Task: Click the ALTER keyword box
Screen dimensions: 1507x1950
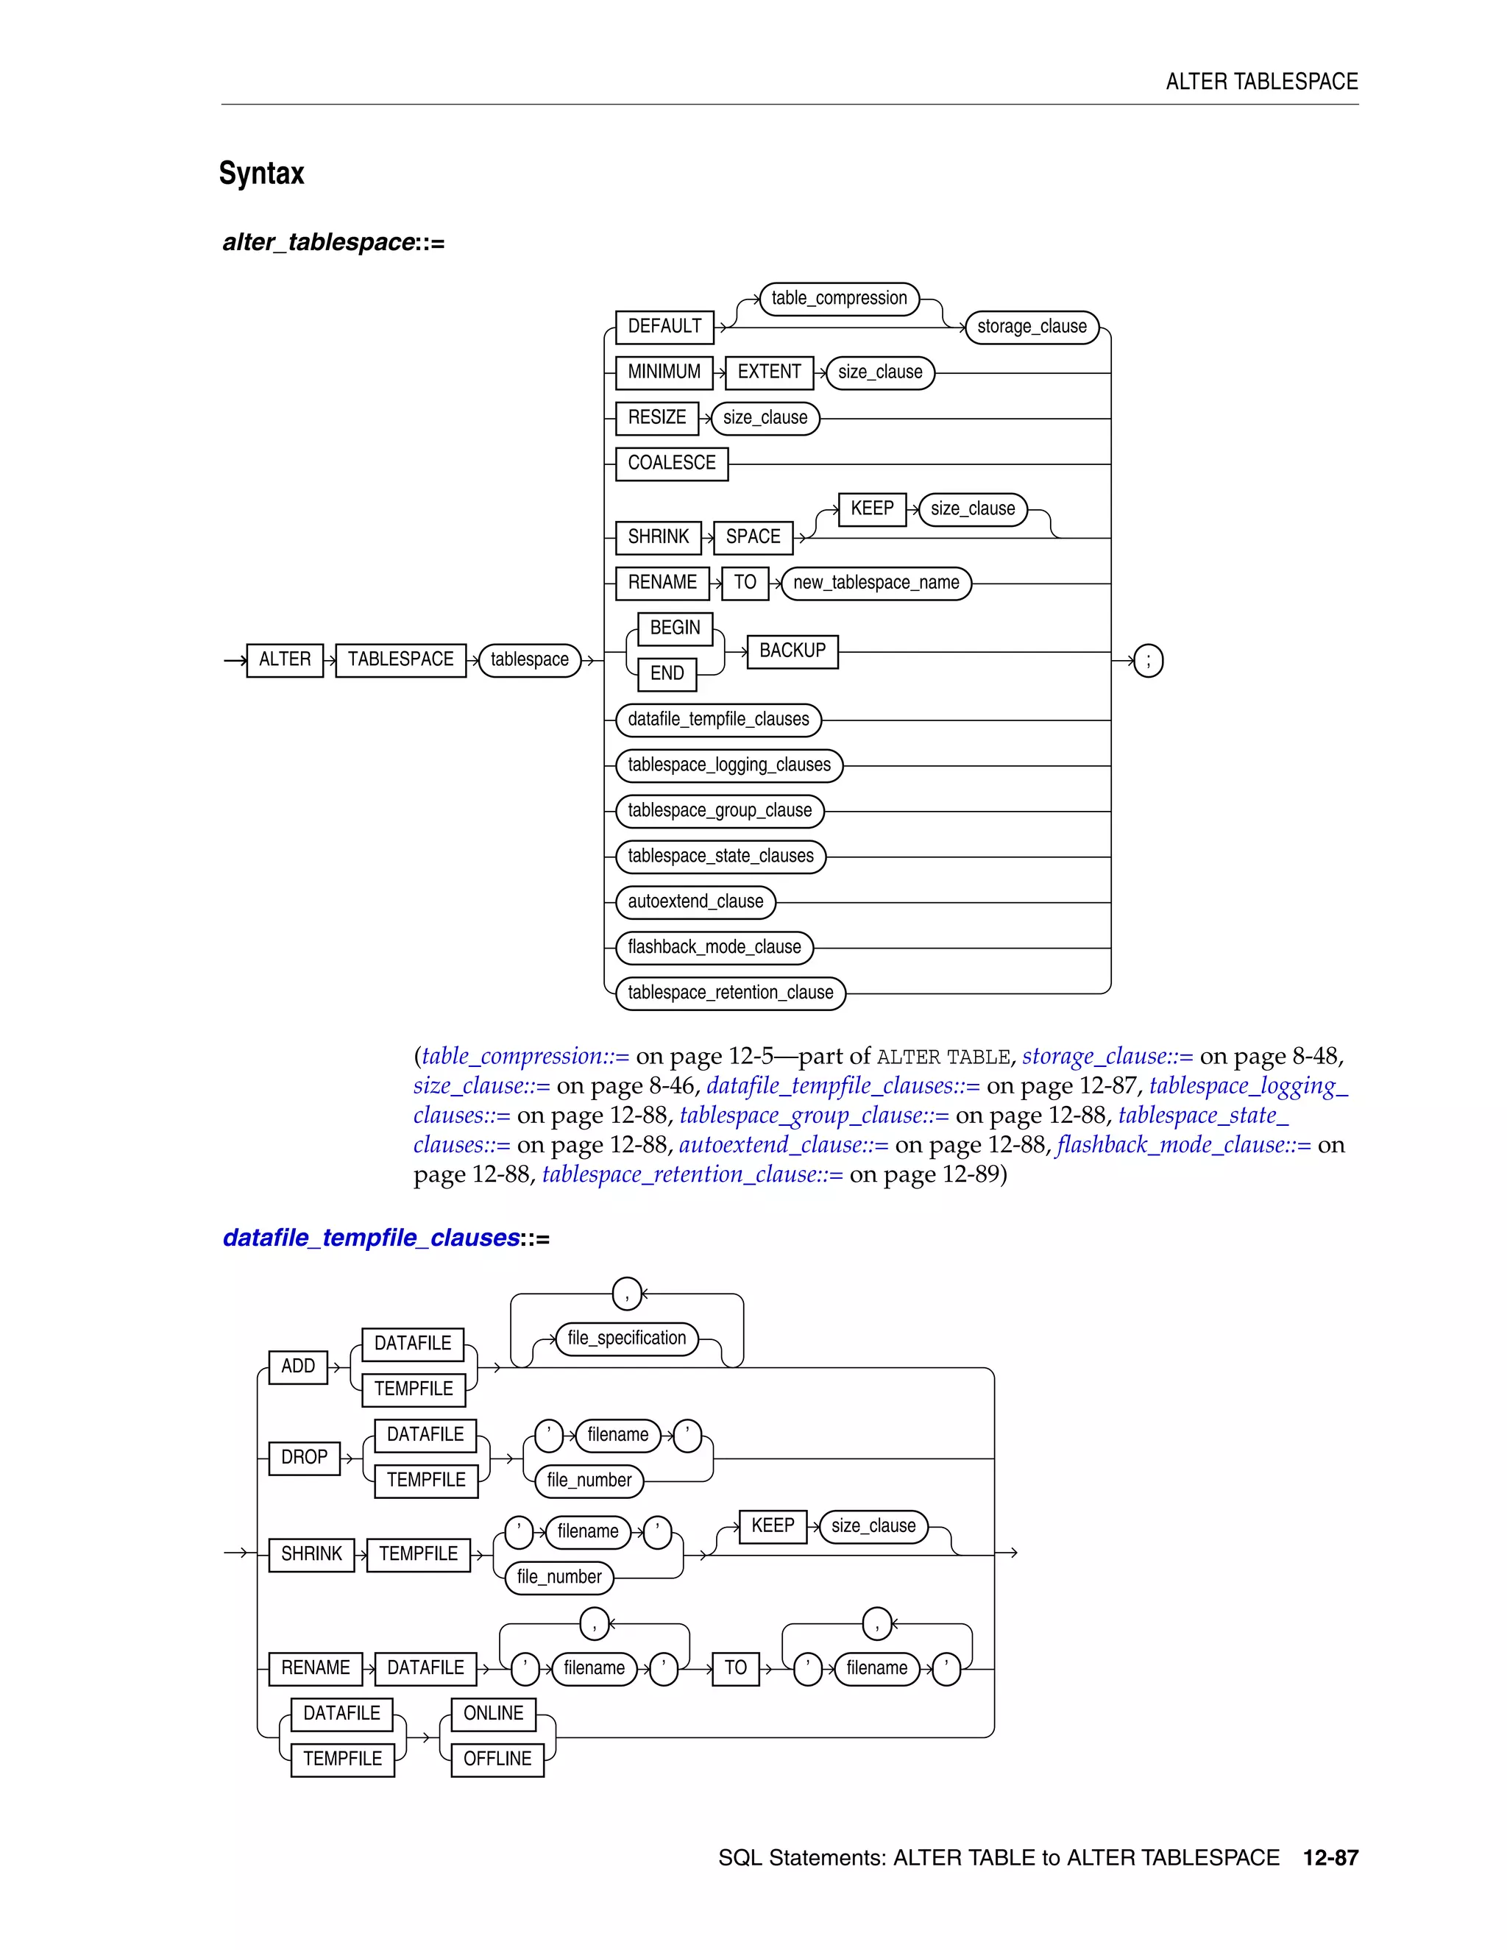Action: (x=285, y=660)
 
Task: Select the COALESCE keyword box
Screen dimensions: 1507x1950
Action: (x=671, y=464)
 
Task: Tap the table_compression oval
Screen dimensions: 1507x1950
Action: (x=838, y=298)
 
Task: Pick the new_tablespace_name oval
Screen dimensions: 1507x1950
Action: (x=876, y=583)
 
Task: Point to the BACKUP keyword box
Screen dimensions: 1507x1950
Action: (x=792, y=651)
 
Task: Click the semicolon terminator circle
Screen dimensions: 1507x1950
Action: (x=1148, y=661)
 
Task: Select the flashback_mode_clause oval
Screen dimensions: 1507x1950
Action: (x=715, y=947)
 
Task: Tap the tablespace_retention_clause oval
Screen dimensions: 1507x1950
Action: (x=730, y=993)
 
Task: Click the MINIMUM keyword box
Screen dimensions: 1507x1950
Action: (x=664, y=372)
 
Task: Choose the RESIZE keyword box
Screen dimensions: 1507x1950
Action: (x=657, y=418)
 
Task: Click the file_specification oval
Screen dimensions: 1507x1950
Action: (x=627, y=1339)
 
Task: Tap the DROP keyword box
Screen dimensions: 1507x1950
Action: (x=305, y=1457)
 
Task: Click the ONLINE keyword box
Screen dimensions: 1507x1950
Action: (x=493, y=1713)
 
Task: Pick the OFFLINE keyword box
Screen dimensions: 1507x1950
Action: (x=497, y=1759)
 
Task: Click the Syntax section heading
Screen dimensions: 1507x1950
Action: (x=261, y=173)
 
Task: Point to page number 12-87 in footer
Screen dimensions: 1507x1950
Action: (x=1330, y=1858)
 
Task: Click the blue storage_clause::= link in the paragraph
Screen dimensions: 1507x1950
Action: (x=1107, y=1056)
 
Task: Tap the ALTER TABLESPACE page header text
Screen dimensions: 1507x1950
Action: (x=1261, y=82)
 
